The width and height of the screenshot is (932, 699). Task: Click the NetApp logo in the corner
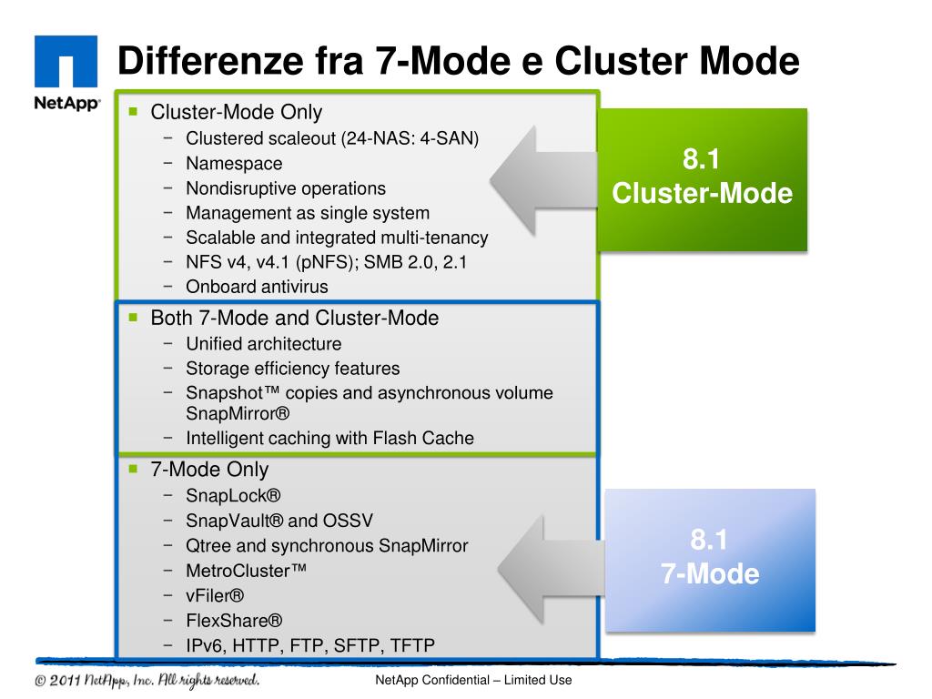click(66, 74)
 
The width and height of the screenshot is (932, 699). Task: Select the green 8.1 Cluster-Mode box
click(702, 178)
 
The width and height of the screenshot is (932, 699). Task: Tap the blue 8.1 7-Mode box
click(710, 559)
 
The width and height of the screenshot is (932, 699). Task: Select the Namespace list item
click(234, 164)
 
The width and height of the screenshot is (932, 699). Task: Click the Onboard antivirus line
click(257, 287)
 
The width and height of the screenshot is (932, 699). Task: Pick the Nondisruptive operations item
click(286, 188)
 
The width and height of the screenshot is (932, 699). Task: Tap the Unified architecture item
click(264, 344)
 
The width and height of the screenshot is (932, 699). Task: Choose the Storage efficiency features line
click(292, 369)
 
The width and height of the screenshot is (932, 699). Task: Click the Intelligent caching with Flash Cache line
click(329, 438)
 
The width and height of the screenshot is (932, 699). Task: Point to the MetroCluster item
click(246, 571)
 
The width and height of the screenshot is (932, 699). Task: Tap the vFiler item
click(216, 596)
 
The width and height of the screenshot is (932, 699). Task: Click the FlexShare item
click(234, 621)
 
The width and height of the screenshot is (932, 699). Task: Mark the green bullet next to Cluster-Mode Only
click(133, 113)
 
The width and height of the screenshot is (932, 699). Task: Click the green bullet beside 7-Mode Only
click(133, 470)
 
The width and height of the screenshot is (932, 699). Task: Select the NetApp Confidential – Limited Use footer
click(472, 682)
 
